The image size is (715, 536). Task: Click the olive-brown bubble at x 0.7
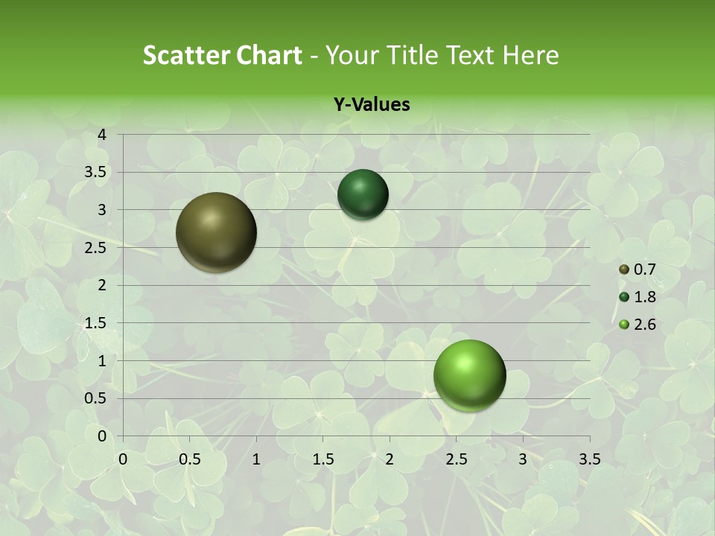[x=216, y=232]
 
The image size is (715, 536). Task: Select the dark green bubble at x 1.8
[x=363, y=194]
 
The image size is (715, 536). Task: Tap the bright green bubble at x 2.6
[x=469, y=375]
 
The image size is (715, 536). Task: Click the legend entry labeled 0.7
[x=638, y=269]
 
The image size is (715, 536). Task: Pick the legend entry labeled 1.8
[x=638, y=297]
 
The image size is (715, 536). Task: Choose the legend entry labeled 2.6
[x=638, y=324]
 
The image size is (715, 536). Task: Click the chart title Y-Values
[x=372, y=105]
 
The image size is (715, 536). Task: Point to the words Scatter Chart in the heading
[x=223, y=54]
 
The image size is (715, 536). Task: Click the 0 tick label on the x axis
[x=123, y=459]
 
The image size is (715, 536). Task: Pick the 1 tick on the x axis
[x=256, y=459]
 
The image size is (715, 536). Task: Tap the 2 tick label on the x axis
[x=390, y=459]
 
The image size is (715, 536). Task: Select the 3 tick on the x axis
[x=523, y=459]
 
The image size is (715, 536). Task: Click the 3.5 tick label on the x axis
[x=589, y=459]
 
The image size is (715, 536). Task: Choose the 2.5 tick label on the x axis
[x=456, y=459]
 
